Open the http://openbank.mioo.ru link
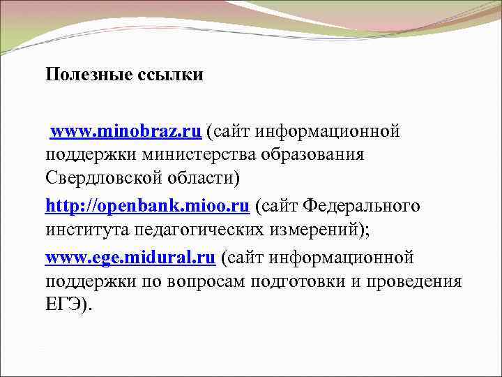tap(147, 206)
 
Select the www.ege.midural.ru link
tap(130, 258)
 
